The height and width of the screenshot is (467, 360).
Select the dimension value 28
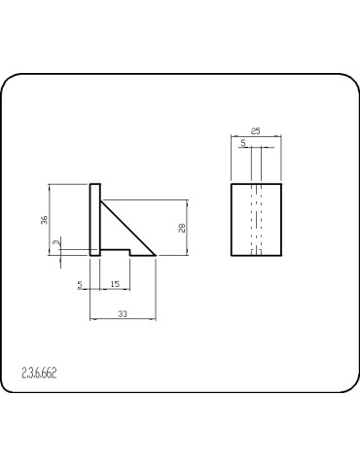[182, 228]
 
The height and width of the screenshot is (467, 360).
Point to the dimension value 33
[122, 313]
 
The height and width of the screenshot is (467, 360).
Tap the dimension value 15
[115, 284]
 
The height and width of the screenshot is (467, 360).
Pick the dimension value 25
[255, 130]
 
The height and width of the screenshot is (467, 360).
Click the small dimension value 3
[56, 241]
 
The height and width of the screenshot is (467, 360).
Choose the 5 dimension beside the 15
[81, 284]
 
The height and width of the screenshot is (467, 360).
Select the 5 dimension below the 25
[242, 143]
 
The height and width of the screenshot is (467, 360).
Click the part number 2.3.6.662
[39, 373]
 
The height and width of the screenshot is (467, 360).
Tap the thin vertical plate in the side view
[93, 220]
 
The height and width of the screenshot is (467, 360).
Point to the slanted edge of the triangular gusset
[128, 228]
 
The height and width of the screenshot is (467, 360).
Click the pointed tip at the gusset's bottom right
[156, 256]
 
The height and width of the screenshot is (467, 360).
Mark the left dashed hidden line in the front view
[251, 219]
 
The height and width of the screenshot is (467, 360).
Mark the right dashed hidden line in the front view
[261, 219]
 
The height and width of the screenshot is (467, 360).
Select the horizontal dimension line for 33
[123, 319]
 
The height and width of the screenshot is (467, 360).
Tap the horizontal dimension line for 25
[256, 136]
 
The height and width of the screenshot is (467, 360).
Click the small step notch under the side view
[117, 252]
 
